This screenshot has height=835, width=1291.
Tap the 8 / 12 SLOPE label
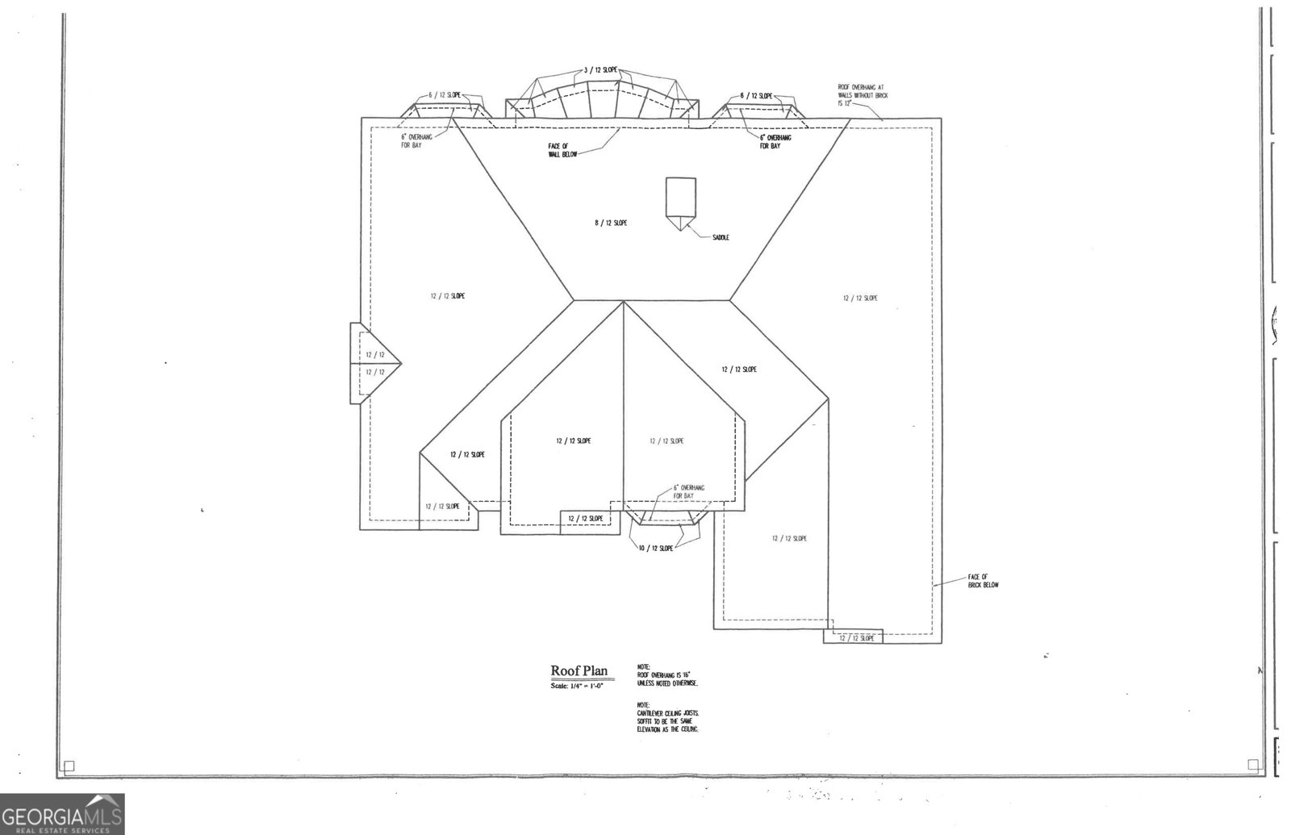pos(611,223)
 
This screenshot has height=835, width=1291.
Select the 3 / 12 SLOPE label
pos(600,70)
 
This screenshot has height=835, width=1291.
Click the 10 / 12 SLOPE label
pos(655,549)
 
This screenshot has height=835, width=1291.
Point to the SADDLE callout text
pos(721,237)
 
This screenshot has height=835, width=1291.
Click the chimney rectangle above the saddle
pos(679,196)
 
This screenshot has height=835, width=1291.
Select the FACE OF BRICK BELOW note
pos(983,581)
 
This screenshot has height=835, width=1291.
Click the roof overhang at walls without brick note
pos(863,95)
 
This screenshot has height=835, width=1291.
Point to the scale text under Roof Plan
pos(577,685)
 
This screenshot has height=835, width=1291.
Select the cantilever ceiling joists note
pos(667,716)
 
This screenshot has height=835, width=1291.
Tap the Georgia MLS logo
pos(62,813)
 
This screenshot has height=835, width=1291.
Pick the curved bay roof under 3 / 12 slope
pos(602,101)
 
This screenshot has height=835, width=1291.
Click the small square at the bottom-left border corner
pos(69,766)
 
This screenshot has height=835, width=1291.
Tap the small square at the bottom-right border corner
pos(1253,764)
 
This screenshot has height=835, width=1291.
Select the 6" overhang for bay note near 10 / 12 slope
pos(688,492)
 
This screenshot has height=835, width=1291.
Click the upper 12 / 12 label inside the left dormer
pos(374,355)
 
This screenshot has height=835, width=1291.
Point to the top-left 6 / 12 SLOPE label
pos(444,95)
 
